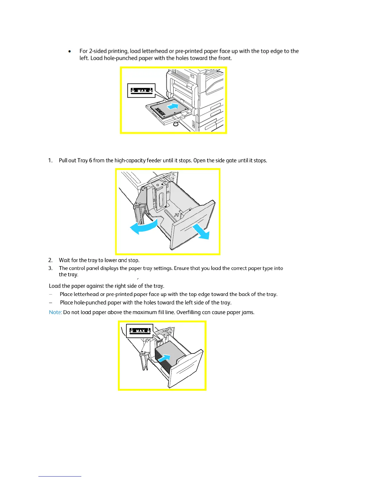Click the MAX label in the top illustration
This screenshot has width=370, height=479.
click(141, 90)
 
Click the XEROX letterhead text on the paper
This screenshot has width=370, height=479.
click(160, 112)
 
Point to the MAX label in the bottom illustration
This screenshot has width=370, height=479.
click(140, 331)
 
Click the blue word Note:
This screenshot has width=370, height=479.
click(55, 312)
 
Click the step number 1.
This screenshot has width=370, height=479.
click(50, 161)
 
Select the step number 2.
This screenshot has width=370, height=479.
click(50, 260)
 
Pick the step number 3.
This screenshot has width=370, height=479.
click(50, 268)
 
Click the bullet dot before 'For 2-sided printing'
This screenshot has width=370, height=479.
click(70, 51)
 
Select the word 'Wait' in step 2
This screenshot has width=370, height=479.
click(64, 260)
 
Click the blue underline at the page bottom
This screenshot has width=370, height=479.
click(60, 476)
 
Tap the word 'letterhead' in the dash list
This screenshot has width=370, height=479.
click(86, 294)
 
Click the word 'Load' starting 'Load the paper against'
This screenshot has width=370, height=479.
click(55, 286)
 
